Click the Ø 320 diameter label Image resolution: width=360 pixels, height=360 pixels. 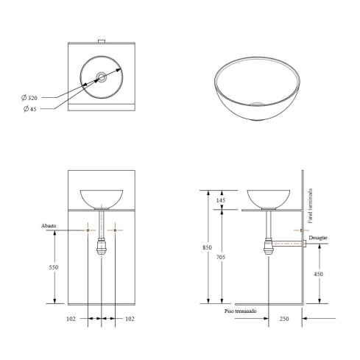tap(29, 98)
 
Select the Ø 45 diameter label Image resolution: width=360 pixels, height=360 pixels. tap(30, 109)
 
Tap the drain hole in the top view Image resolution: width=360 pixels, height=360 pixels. tap(101, 77)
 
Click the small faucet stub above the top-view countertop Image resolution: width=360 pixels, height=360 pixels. tap(102, 41)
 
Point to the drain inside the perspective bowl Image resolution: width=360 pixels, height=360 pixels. tap(256, 104)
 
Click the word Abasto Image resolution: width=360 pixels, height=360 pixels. tap(49, 226)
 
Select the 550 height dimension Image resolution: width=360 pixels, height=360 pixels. tap(54, 267)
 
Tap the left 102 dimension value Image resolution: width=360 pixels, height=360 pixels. tap(71, 319)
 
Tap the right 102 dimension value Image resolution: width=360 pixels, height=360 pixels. tap(130, 319)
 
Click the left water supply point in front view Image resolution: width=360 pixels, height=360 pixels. tap(88, 230)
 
